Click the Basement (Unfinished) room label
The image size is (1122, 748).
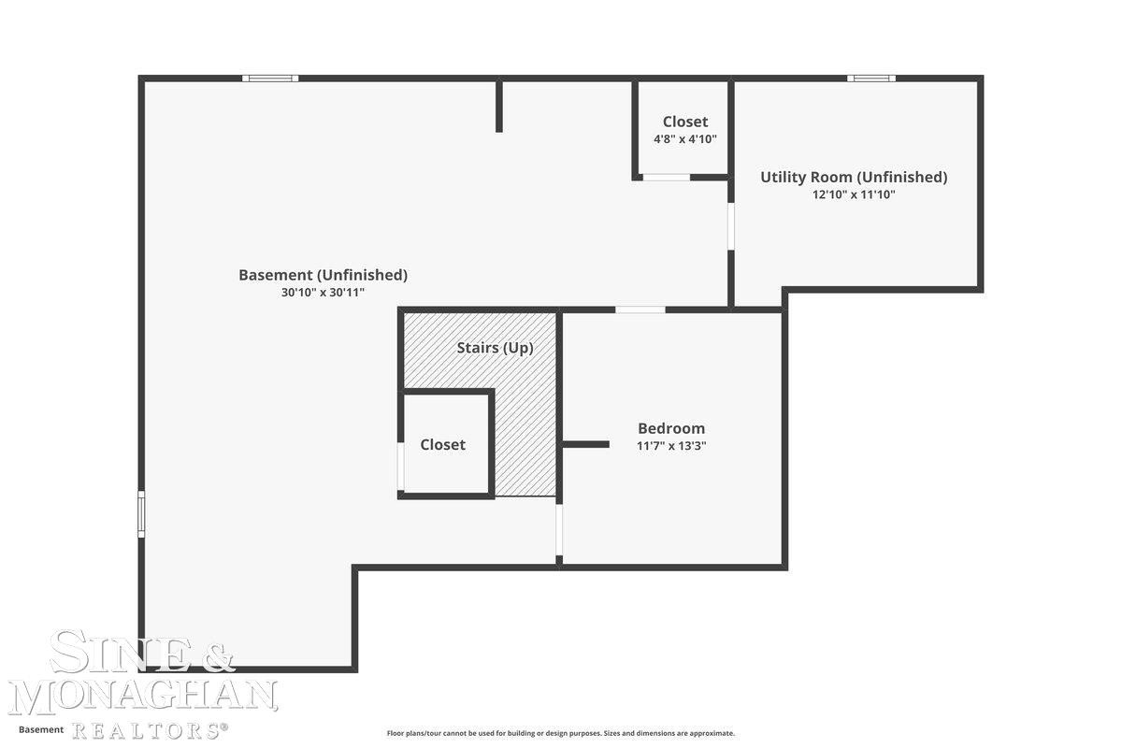click(324, 275)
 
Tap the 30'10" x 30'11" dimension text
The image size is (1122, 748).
click(324, 292)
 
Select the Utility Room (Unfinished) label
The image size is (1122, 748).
click(854, 178)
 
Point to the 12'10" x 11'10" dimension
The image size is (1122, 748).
click(854, 194)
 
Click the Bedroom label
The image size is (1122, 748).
click(671, 428)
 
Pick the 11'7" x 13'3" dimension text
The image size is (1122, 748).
click(671, 445)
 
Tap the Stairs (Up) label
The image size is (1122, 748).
click(495, 348)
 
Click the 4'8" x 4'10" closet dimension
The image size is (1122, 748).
click(685, 138)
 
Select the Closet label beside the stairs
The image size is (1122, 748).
click(443, 444)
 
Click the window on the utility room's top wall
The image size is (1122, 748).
click(871, 79)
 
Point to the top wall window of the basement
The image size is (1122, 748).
click(270, 79)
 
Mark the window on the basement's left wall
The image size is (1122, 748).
click(141, 514)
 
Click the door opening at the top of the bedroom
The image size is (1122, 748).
click(640, 309)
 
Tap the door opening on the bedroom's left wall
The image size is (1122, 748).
click(559, 530)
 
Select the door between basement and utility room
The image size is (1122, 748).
click(731, 226)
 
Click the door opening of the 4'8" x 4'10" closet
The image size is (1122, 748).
click(666, 178)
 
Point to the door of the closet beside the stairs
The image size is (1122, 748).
click(401, 466)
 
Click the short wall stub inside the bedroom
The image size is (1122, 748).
click(585, 444)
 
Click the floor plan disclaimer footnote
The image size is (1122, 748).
click(560, 733)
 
